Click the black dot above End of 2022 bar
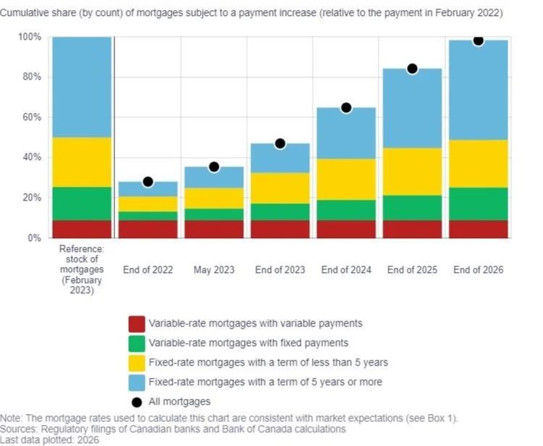148,182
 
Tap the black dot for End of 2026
478,41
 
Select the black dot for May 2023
214,167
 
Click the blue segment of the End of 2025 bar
412,109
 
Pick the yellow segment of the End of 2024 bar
346,179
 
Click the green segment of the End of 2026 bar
478,204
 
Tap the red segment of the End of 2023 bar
280,229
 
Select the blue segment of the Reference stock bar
82,87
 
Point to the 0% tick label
33,238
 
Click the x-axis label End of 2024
346,270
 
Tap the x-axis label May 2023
214,270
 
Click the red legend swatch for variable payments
136,324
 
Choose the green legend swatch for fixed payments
136,343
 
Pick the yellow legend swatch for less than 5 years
136,362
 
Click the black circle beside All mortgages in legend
136,401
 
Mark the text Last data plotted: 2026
49,439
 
